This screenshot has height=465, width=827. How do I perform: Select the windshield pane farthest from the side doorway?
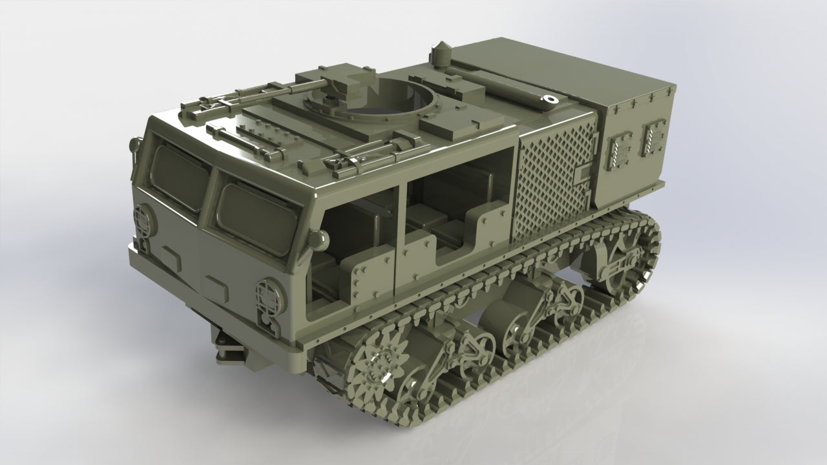[178, 174]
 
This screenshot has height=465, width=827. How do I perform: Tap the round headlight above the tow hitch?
[270, 296]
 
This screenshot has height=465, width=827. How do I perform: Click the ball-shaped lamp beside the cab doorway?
[317, 240]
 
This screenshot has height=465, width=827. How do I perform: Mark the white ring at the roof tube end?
[550, 99]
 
